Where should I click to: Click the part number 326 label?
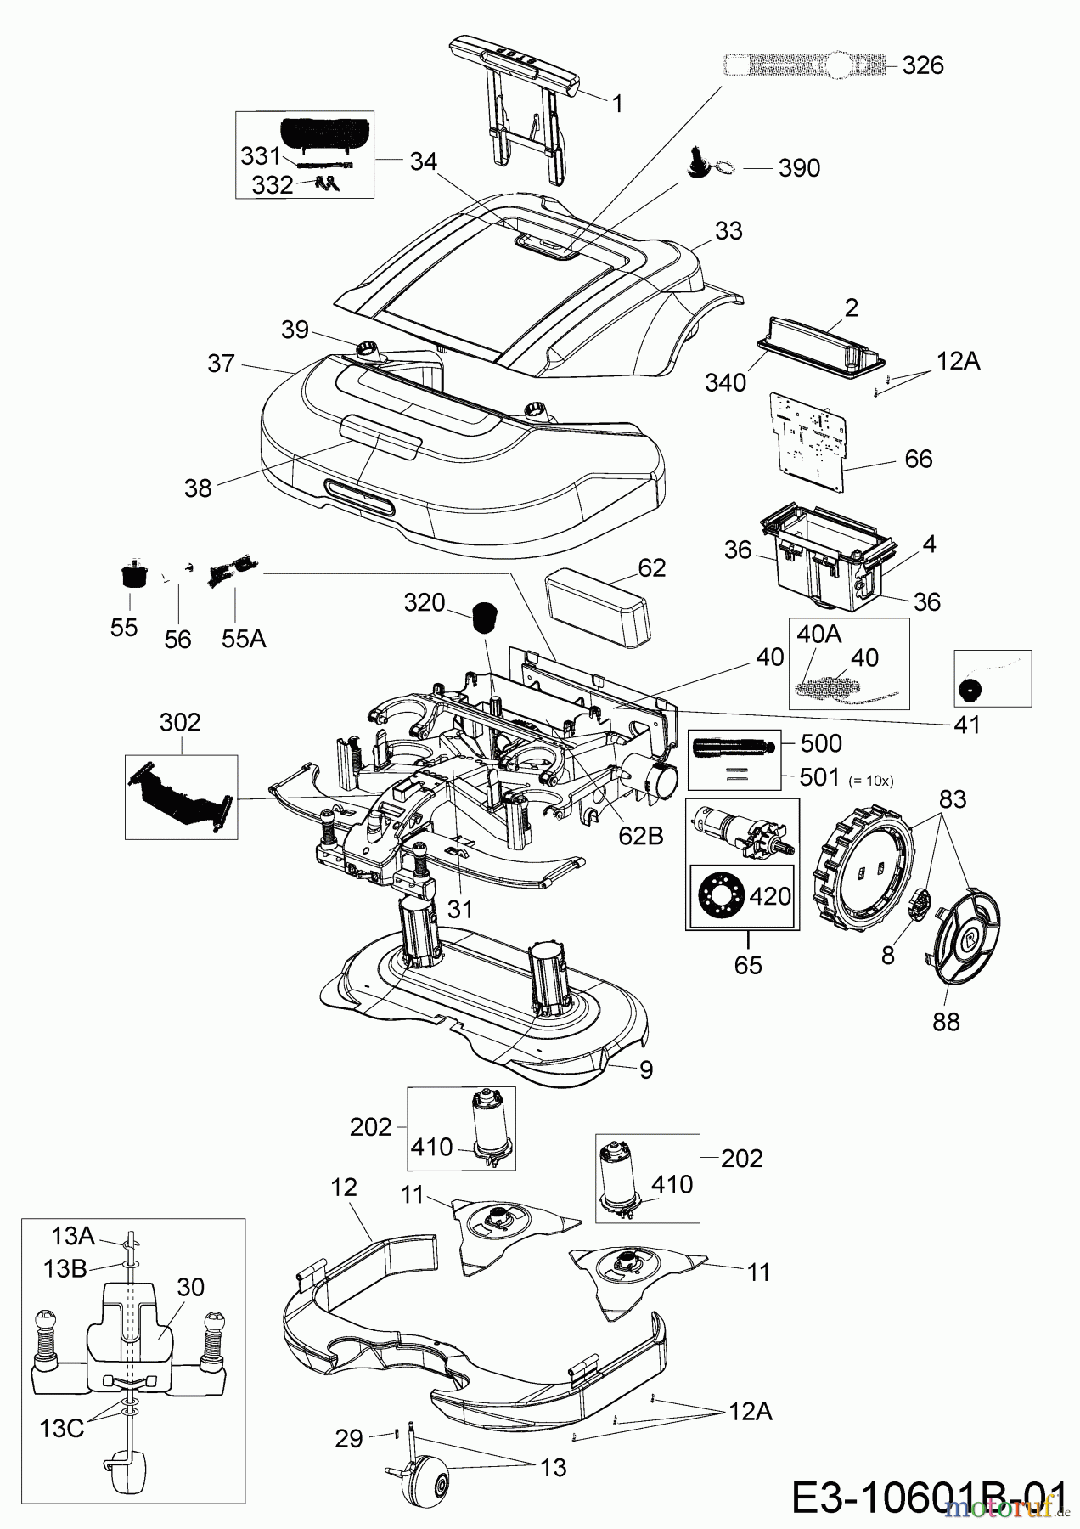(x=922, y=65)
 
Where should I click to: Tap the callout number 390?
(x=798, y=168)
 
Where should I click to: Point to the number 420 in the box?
(x=770, y=895)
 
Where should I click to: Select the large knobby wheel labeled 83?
(x=861, y=870)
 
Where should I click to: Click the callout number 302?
(x=180, y=722)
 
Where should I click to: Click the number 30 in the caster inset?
(x=191, y=1287)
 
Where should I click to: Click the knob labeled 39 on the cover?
(x=368, y=349)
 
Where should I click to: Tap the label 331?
(x=261, y=155)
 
